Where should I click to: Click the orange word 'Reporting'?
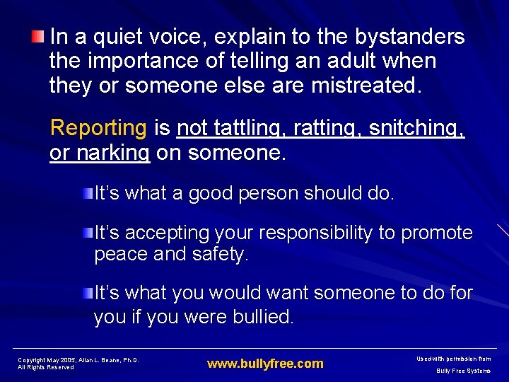pos(98,128)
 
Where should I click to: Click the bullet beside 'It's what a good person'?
pos(88,193)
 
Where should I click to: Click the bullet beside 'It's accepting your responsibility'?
pos(88,232)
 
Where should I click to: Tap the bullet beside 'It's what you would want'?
pos(88,292)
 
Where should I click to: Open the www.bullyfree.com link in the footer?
pos(265,364)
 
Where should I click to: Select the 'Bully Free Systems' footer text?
pos(463,370)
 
